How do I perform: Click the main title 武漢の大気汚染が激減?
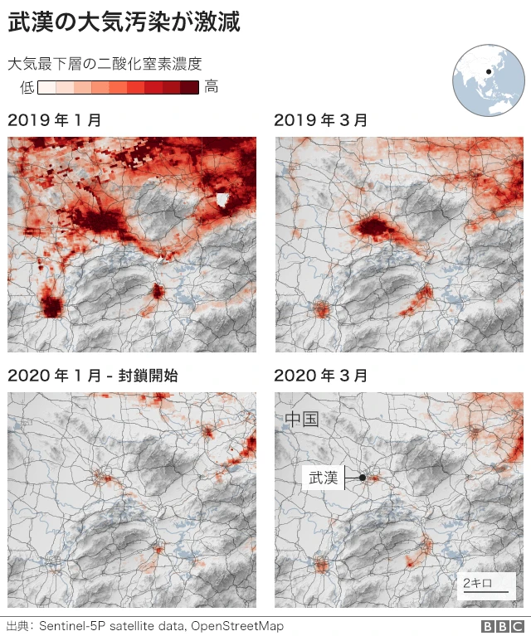coord(124,22)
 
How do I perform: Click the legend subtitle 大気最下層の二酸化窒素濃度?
coord(105,64)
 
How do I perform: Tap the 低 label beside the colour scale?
coord(27,87)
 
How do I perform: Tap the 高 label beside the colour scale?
coord(212,87)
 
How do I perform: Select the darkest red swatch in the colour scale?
coord(190,87)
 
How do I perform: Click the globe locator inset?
coord(490,81)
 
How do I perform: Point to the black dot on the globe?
coord(489,71)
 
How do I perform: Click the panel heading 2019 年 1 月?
coord(55,120)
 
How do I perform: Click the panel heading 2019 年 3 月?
coord(321,120)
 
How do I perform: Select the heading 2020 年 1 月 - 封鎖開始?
coord(92,376)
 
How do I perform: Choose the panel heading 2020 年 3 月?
coord(321,376)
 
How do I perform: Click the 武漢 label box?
coord(324,478)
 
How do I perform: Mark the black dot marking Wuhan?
coord(363,478)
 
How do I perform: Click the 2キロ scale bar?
coord(479,585)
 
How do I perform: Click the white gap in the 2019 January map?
coord(222,200)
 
